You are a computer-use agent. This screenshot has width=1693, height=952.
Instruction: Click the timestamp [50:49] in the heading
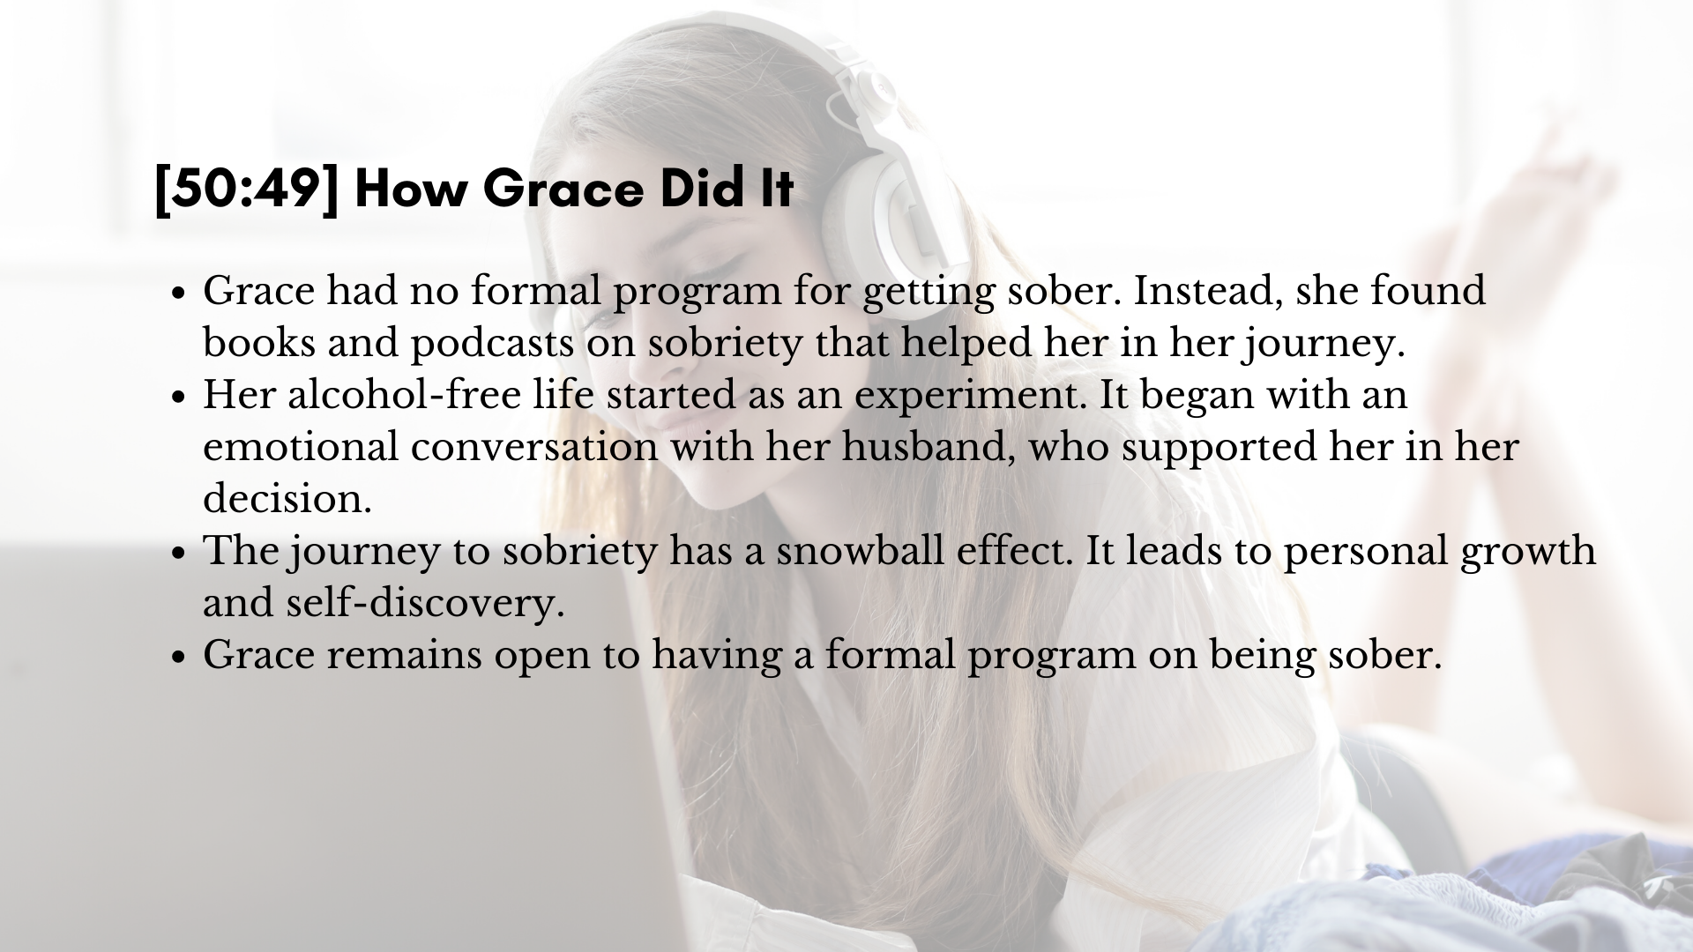point(246,189)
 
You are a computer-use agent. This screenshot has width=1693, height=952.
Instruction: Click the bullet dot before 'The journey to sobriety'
point(179,554)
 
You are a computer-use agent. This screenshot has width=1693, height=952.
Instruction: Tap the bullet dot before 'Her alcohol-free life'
point(179,398)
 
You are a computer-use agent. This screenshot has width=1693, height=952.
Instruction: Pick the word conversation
point(534,447)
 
